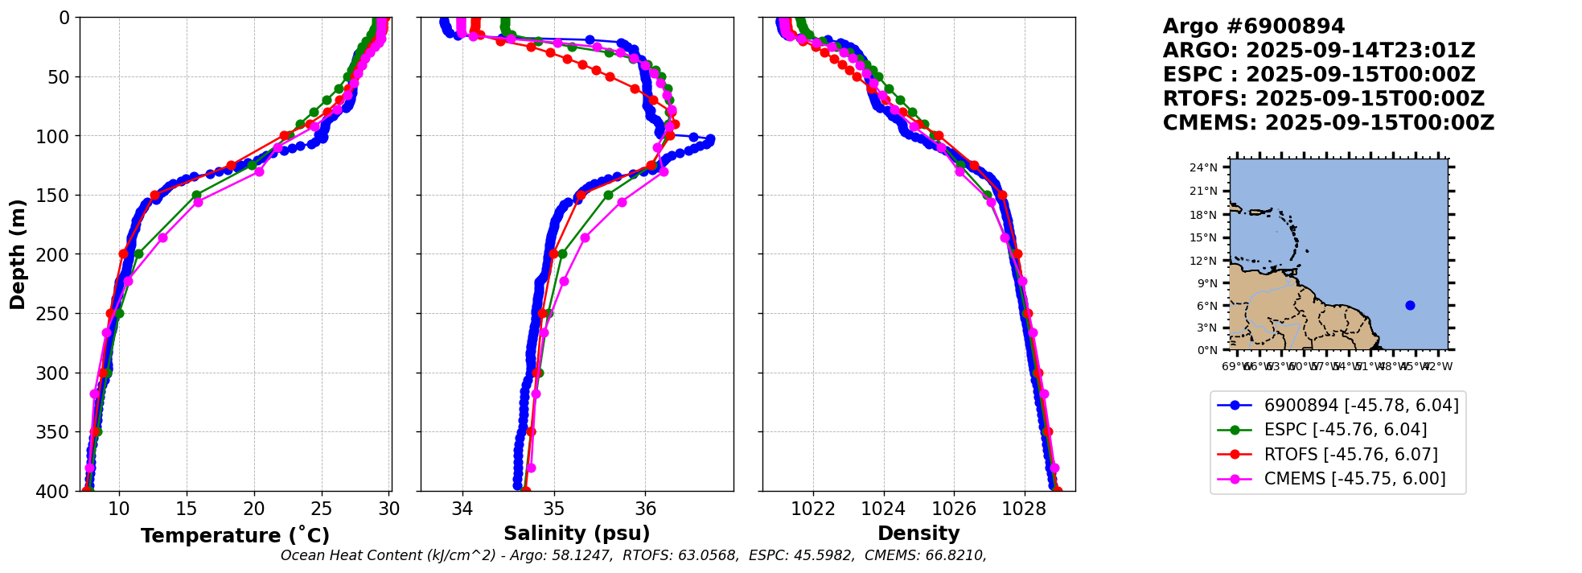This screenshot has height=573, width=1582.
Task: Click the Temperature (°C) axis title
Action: (x=235, y=536)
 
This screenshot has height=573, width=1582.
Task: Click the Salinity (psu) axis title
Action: (x=577, y=534)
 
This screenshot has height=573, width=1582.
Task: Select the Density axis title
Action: (x=918, y=534)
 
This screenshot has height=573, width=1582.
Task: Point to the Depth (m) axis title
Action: (x=18, y=254)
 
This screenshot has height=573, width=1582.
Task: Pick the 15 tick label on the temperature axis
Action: (x=187, y=509)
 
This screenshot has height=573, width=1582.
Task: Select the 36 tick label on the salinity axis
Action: (x=645, y=509)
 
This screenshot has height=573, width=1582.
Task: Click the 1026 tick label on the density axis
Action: (x=954, y=509)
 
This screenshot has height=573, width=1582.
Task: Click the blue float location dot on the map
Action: (x=1410, y=305)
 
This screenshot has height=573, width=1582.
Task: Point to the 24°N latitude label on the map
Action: (x=1203, y=167)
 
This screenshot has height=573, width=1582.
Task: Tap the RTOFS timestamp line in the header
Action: (x=1323, y=99)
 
